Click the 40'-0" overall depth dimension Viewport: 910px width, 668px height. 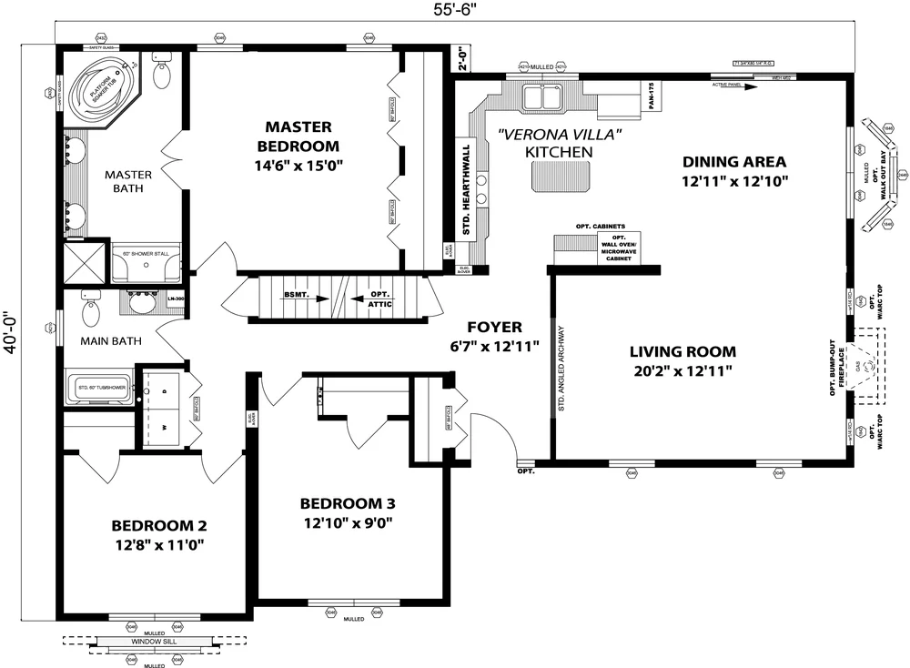point(13,334)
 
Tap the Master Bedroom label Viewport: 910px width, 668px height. point(298,136)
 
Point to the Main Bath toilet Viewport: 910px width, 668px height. point(91,311)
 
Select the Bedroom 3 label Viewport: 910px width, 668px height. point(348,503)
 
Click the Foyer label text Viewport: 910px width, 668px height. point(494,327)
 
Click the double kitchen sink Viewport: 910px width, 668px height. point(542,96)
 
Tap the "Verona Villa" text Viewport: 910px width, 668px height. point(559,134)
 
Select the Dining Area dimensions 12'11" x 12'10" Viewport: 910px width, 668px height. point(734,180)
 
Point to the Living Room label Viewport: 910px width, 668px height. point(682,351)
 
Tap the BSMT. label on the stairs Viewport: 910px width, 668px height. point(296,295)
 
